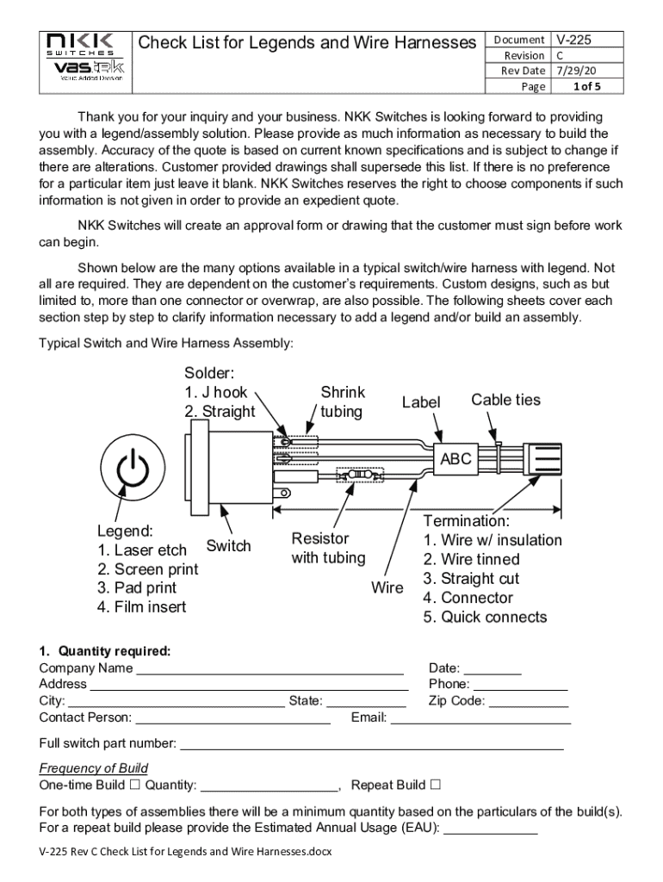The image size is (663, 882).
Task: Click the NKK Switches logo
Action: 84,57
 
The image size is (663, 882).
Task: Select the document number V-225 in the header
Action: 575,40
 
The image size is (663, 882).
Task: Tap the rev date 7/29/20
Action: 577,71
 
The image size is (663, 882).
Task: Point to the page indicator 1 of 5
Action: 583,86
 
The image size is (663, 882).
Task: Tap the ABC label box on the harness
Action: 455,459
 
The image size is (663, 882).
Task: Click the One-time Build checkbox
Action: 134,785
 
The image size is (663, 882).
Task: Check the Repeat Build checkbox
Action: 435,785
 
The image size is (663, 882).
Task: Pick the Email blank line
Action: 481,718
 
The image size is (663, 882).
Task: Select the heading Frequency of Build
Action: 94,768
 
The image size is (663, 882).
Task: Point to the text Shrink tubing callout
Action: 342,402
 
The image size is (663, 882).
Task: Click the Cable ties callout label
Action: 505,400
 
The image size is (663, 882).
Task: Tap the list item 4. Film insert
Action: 142,607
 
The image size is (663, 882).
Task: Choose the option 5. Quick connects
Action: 485,617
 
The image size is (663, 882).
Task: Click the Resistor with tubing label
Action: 327,549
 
